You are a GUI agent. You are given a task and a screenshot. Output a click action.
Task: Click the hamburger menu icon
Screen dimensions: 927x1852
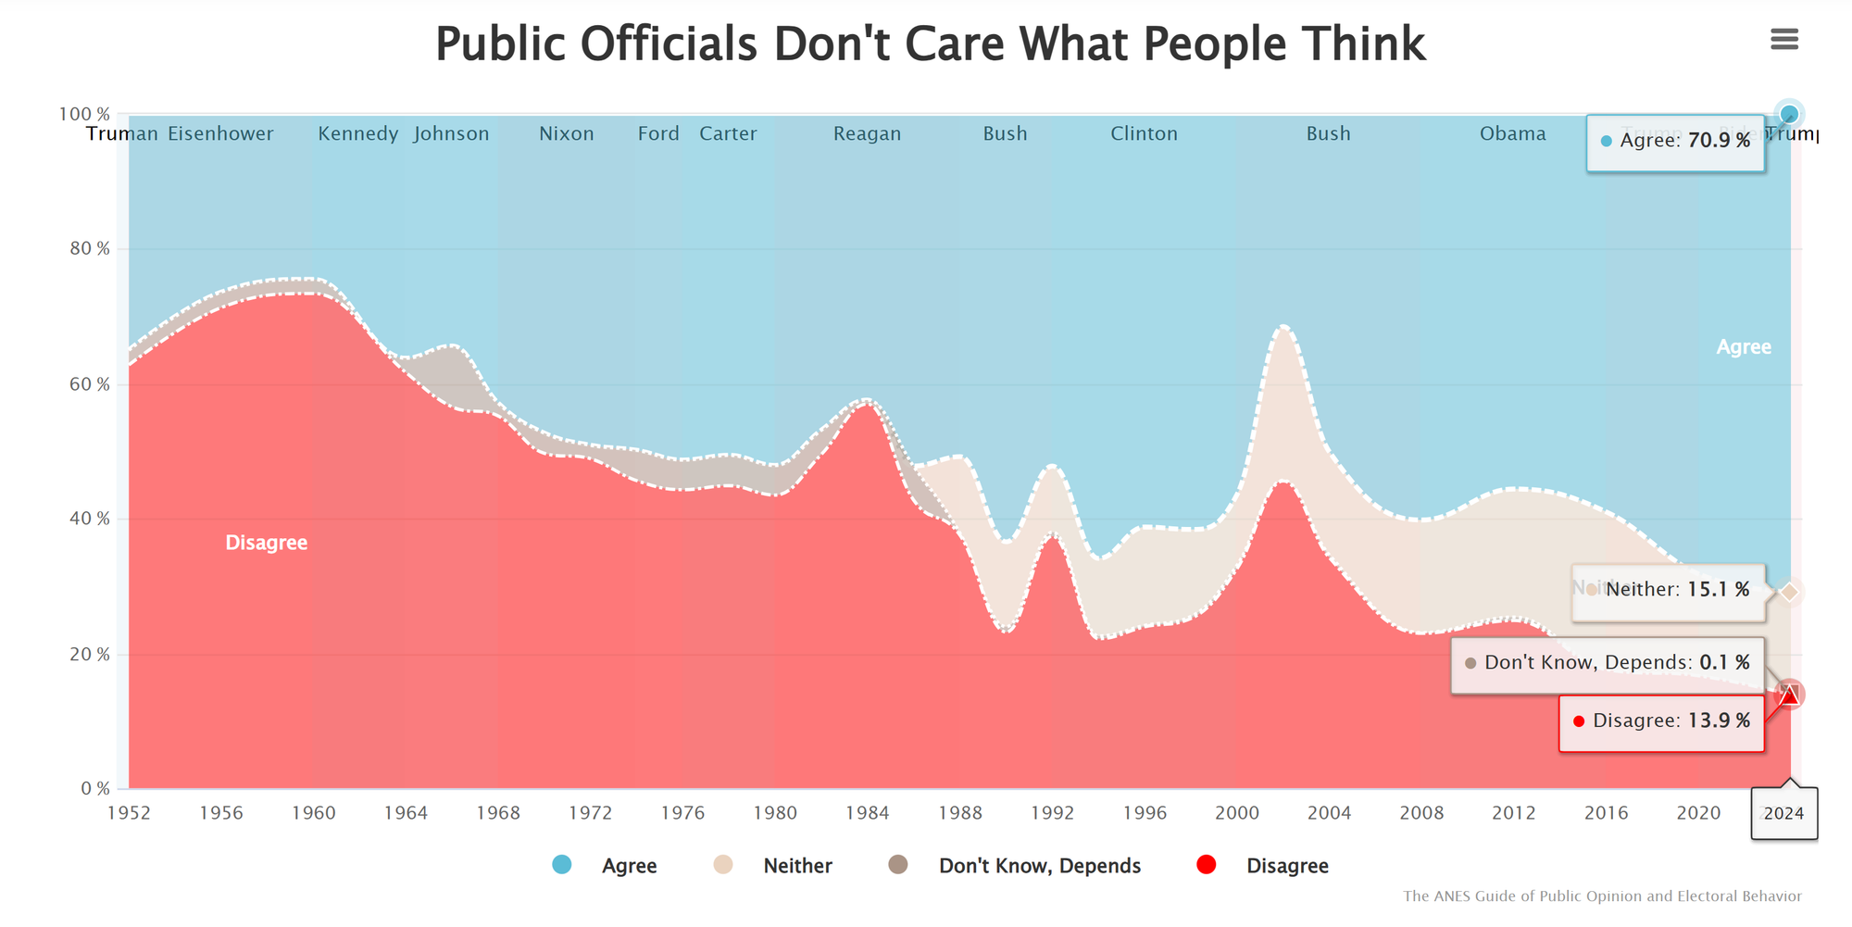pyautogui.click(x=1783, y=39)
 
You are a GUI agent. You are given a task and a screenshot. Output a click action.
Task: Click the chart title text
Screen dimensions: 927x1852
pyautogui.click(x=930, y=44)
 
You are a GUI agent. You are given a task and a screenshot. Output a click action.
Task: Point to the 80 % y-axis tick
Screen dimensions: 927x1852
pyautogui.click(x=90, y=248)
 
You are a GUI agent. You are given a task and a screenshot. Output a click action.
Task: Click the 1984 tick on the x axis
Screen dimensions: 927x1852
pyautogui.click(x=867, y=813)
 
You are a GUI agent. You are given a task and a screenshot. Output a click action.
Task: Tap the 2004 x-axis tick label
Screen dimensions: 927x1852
pyautogui.click(x=1329, y=813)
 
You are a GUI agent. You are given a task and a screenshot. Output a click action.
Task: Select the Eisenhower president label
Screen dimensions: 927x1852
pyautogui.click(x=220, y=133)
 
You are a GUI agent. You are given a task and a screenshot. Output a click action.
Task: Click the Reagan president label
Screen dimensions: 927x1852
pyautogui.click(x=867, y=133)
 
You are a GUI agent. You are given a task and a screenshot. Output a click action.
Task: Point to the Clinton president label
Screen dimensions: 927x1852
pyautogui.click(x=1144, y=133)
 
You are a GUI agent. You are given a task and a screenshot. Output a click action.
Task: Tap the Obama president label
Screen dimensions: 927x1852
pyautogui.click(x=1512, y=133)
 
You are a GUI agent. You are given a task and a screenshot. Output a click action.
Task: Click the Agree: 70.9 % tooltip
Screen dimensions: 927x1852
pyautogui.click(x=1675, y=142)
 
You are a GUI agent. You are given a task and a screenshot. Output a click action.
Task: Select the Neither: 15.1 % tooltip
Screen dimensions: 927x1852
pyautogui.click(x=1668, y=590)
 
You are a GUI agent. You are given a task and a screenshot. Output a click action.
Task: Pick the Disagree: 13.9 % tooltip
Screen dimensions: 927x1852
pyautogui.click(x=1661, y=721)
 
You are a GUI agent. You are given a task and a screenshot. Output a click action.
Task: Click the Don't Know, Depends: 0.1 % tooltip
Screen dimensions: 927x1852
pyautogui.click(x=1608, y=663)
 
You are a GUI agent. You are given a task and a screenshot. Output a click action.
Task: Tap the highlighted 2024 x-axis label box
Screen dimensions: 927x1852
pyautogui.click(x=1783, y=813)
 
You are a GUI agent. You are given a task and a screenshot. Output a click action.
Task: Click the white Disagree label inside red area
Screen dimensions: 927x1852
pyautogui.click(x=267, y=543)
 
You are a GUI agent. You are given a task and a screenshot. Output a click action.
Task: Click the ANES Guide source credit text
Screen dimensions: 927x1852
pyautogui.click(x=1602, y=896)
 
